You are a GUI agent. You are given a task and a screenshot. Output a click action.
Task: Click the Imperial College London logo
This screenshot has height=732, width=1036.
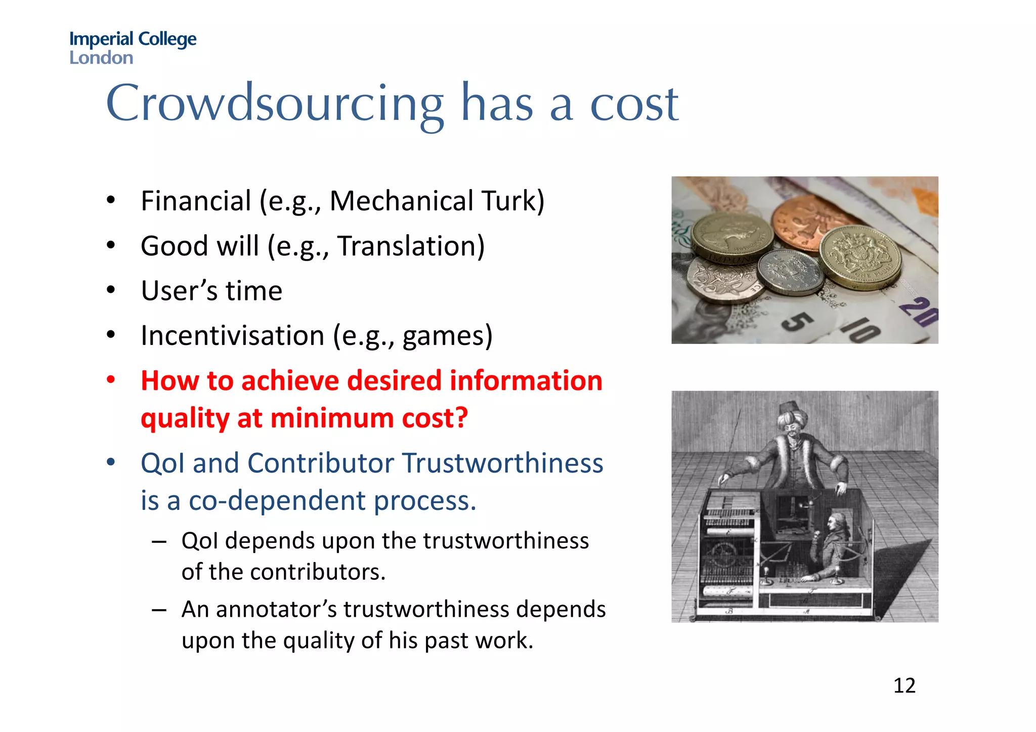[x=133, y=48]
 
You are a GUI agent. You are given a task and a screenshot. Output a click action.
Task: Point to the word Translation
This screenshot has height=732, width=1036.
[x=406, y=246]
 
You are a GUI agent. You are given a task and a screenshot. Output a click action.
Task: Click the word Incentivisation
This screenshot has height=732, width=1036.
[x=232, y=336]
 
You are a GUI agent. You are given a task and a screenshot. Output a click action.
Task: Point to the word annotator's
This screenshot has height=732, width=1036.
[x=276, y=609]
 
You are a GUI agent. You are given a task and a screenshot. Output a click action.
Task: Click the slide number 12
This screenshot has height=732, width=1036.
[x=904, y=686]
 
